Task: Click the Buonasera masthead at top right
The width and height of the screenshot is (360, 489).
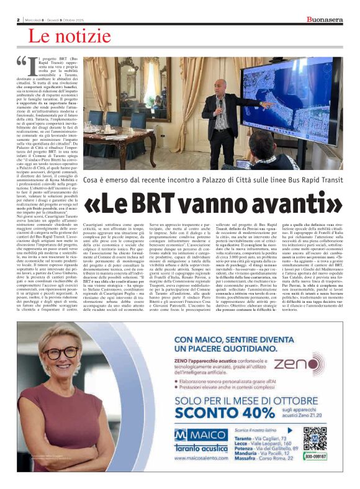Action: pos(324,19)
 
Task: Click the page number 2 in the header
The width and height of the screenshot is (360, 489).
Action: pos(19,20)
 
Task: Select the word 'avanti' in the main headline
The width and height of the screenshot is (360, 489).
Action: pos(292,203)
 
